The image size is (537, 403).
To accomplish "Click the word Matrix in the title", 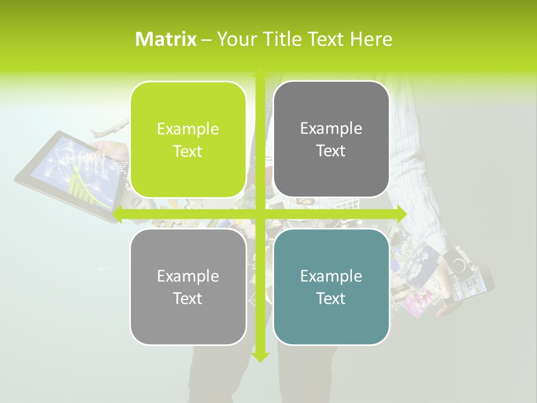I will pos(166,39).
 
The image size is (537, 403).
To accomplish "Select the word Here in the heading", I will pos(371,39).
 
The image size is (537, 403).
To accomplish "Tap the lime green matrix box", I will pos(188,139).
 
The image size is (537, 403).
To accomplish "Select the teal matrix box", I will pos(331,287).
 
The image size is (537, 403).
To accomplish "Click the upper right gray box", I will pos(331,139).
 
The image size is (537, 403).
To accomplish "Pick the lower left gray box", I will pos(188,287).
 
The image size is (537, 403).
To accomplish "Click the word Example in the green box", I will pos(188,129).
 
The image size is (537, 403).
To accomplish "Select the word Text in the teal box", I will pos(331,298).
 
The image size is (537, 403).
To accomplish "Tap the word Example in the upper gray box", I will pos(331,128).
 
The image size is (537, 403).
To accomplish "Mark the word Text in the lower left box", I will pos(188,298).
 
